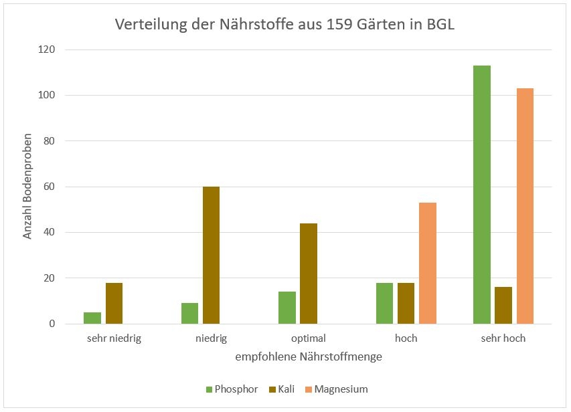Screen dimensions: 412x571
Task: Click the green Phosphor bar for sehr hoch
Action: click(x=482, y=195)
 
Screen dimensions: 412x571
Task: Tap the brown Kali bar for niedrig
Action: click(x=211, y=255)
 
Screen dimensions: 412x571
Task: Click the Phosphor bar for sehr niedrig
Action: click(x=92, y=318)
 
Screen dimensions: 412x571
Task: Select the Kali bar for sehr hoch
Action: click(x=503, y=306)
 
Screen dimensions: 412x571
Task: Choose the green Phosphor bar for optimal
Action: click(x=287, y=308)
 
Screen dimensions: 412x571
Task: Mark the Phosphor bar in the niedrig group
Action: click(x=189, y=313)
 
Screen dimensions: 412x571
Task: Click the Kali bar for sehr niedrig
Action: click(x=114, y=303)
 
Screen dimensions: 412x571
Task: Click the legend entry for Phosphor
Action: click(x=232, y=389)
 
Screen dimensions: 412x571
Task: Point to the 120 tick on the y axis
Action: click(x=47, y=49)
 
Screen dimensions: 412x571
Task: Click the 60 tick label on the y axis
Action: click(x=50, y=187)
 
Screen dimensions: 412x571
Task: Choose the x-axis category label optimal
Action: click(x=309, y=338)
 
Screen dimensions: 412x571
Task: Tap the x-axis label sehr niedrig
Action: click(x=114, y=338)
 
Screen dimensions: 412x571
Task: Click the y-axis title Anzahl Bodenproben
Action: click(x=28, y=187)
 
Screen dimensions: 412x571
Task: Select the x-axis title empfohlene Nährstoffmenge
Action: click(x=309, y=357)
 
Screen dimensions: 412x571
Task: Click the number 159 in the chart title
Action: click(x=340, y=25)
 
